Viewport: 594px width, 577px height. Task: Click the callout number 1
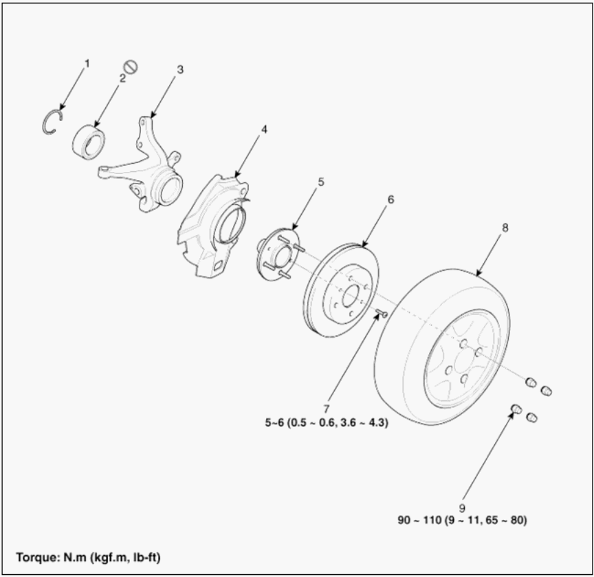pos(87,64)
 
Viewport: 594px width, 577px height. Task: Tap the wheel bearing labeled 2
pos(89,142)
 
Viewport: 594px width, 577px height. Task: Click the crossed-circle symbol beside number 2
pos(131,67)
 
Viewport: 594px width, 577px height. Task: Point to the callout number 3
pos(180,69)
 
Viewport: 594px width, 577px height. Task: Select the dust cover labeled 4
pos(213,226)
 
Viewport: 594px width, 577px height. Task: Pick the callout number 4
pos(264,129)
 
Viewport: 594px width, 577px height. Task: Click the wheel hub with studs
pos(278,254)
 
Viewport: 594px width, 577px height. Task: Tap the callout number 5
pos(321,182)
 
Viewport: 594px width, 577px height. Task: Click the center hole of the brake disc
pos(351,296)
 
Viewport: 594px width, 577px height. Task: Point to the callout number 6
pos(390,199)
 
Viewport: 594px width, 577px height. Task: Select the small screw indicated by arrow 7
pos(382,314)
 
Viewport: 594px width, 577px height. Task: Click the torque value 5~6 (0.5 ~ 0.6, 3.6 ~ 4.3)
pos(327,422)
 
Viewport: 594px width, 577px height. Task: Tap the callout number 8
pos(505,228)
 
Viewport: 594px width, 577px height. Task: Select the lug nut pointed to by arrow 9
pos(516,409)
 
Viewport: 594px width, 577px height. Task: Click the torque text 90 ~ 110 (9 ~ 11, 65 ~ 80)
pos(462,520)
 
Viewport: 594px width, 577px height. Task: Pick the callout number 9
pos(462,508)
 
